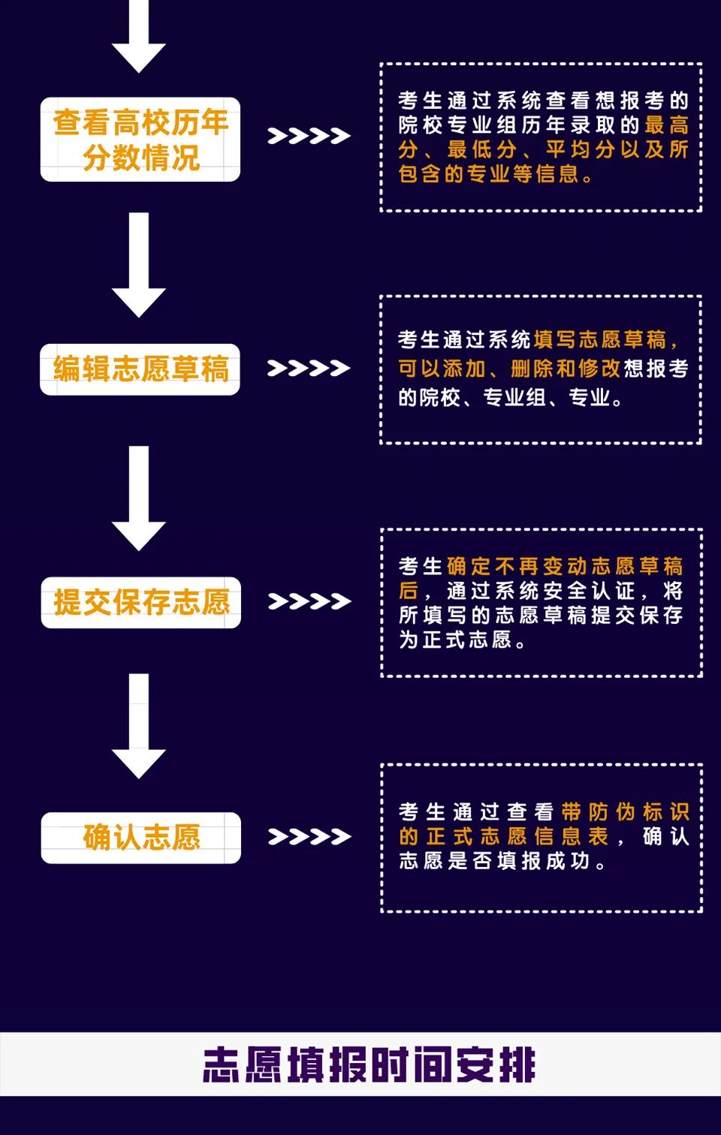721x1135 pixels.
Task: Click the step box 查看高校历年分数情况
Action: [140, 140]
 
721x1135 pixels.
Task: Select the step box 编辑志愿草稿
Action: [140, 369]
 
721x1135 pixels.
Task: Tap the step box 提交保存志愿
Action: [141, 602]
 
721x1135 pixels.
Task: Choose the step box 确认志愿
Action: [141, 837]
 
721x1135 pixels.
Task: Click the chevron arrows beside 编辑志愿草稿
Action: [309, 368]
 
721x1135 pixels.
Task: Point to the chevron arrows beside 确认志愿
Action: [309, 836]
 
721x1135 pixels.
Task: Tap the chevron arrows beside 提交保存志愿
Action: [309, 601]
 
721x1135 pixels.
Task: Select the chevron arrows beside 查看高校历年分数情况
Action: [309, 136]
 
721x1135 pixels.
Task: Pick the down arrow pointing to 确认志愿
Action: [139, 726]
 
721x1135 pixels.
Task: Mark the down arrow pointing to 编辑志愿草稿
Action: [139, 264]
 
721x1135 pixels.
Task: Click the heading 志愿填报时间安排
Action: [369, 1065]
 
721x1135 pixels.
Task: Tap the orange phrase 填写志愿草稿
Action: [600, 340]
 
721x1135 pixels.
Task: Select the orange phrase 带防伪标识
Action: [625, 811]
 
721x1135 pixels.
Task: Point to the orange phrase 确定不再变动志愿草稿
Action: [564, 565]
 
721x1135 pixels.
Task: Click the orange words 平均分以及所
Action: [617, 149]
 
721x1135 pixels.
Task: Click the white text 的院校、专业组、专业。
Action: [510, 397]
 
